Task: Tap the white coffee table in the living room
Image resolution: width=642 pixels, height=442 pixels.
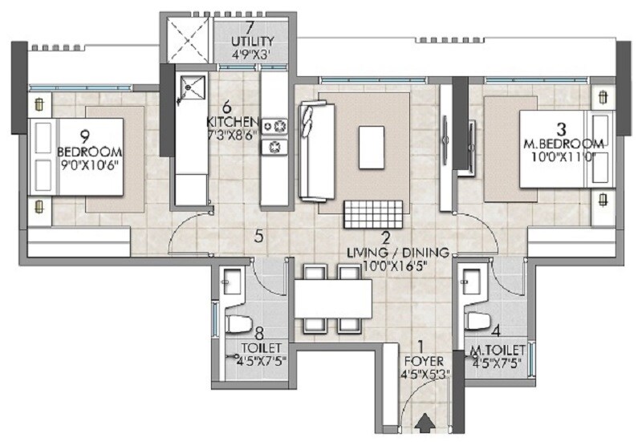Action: click(372, 145)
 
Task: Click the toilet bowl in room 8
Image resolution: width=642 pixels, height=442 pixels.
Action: click(238, 325)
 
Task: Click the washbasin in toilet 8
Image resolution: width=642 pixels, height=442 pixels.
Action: click(232, 282)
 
